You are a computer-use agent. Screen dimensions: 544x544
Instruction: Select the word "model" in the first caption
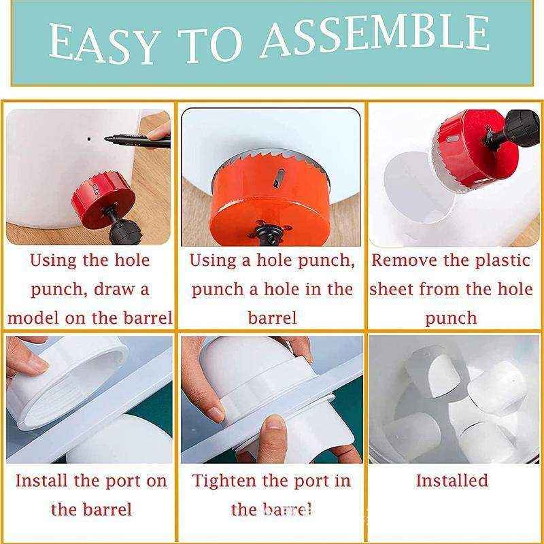tap(33, 318)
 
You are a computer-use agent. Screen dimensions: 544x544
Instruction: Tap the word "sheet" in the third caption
tap(392, 289)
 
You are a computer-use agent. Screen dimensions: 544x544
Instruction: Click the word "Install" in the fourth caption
tap(42, 481)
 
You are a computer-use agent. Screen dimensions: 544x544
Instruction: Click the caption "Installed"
tap(452, 481)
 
